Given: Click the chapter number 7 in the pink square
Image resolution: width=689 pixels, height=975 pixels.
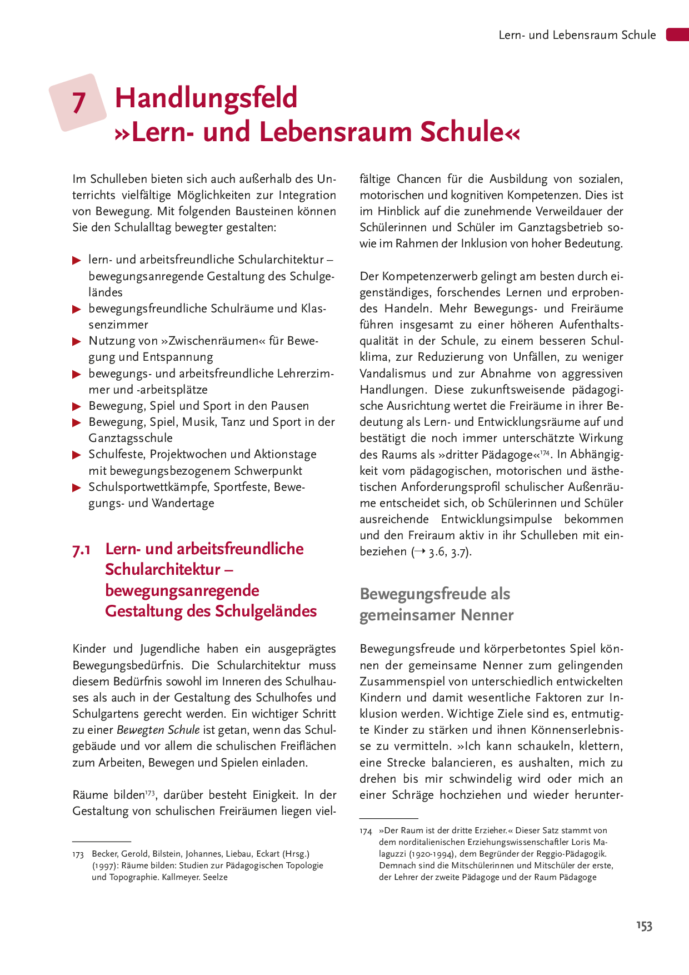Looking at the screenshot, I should (79, 103).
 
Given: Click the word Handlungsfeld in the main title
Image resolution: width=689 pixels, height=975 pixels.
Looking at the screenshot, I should (206, 98).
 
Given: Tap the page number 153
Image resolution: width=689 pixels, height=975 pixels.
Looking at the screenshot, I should (644, 926).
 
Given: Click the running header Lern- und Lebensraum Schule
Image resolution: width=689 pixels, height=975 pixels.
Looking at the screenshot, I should (577, 35).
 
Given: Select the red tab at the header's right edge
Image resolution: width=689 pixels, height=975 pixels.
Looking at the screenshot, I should (677, 34).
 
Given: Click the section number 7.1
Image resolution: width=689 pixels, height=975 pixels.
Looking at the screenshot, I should (82, 550).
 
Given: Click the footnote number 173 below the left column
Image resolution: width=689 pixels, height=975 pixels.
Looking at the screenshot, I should (78, 854).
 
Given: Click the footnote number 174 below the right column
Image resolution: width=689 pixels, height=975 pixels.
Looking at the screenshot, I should (366, 831).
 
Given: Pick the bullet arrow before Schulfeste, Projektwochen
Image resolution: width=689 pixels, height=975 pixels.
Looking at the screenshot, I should (77, 455).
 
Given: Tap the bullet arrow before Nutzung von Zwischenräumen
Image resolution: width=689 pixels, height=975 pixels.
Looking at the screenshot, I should (77, 341).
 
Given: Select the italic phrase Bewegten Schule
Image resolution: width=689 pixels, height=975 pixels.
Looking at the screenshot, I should (158, 730).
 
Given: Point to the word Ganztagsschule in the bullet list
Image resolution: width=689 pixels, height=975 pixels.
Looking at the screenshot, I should (131, 438).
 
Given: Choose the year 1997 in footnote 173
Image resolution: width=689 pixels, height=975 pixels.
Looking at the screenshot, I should (104, 865).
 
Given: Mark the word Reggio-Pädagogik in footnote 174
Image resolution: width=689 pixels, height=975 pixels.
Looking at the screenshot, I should (572, 854).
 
